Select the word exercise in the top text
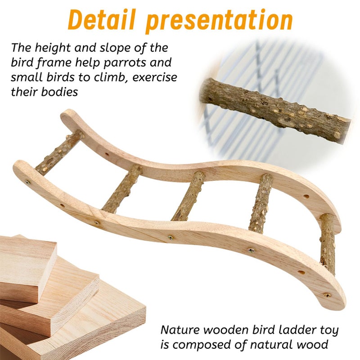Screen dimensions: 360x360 click(x=152, y=77)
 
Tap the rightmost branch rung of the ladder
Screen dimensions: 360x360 click(x=328, y=243)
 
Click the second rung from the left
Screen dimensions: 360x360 click(x=121, y=189)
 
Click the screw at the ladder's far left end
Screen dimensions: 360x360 click(x=28, y=183)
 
